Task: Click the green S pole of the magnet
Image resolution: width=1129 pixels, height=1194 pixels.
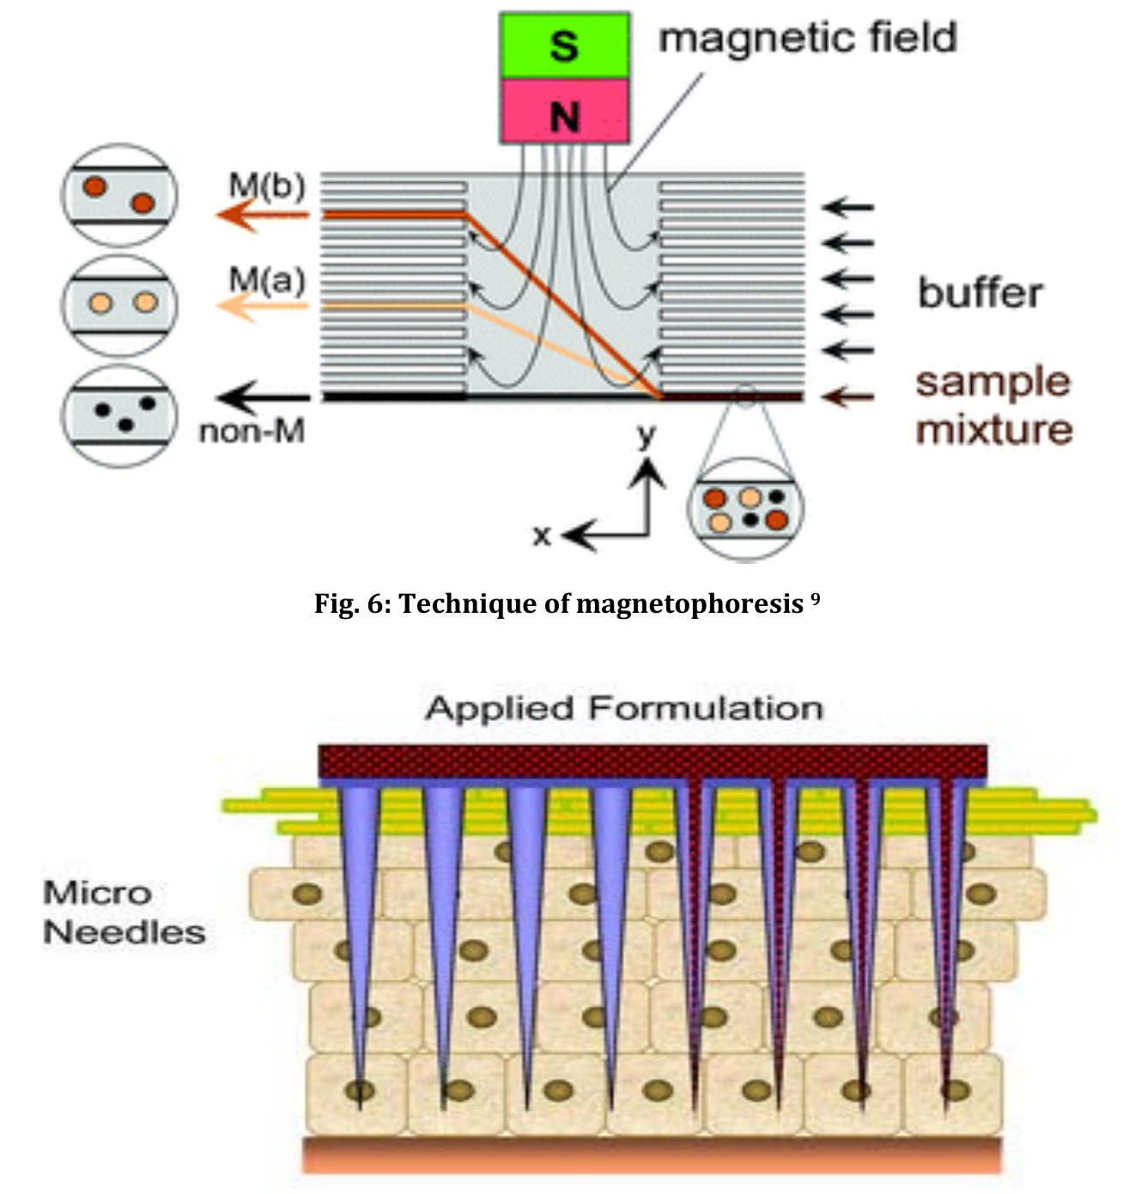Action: [564, 45]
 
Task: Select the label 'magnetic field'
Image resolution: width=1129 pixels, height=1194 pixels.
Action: [807, 39]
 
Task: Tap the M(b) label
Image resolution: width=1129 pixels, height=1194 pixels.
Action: [267, 185]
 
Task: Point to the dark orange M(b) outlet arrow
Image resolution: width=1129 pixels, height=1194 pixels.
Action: [262, 215]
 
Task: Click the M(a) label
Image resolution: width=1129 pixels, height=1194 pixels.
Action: [267, 280]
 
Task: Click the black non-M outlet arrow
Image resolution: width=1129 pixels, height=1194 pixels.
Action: [262, 397]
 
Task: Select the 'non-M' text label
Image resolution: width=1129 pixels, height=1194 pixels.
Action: [252, 431]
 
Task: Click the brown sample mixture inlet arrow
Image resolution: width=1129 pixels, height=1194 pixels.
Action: [847, 397]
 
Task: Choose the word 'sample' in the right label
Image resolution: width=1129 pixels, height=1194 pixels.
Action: [992, 382]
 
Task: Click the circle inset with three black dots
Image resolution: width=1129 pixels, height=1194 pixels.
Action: [120, 416]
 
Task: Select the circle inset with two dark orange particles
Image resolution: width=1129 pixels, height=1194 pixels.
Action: [120, 196]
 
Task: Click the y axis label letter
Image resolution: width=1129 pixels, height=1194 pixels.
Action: [646, 435]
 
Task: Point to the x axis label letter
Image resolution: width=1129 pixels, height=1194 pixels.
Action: [541, 536]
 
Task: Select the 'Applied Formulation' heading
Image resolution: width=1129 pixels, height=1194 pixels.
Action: [624, 708]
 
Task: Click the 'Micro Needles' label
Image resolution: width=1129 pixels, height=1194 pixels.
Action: [123, 912]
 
